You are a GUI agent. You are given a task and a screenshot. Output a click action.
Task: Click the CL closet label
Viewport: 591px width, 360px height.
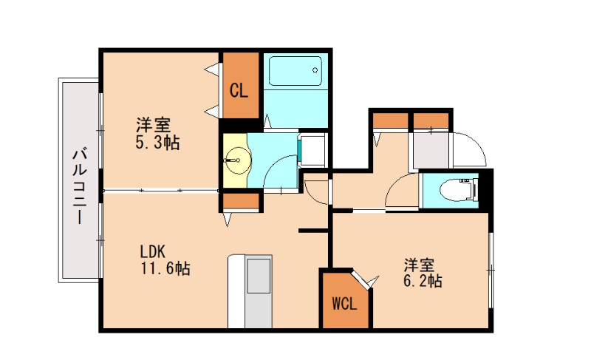coord(239,91)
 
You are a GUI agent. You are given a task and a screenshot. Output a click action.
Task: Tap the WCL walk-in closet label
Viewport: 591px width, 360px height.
coord(344,304)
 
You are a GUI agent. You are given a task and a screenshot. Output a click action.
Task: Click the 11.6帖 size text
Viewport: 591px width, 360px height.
coord(165,270)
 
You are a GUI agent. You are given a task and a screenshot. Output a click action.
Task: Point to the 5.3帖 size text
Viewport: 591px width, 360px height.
coord(157,142)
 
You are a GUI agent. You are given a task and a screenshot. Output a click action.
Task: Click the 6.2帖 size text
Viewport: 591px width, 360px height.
coord(422,281)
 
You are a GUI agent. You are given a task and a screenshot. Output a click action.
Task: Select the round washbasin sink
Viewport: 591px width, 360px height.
coord(237,157)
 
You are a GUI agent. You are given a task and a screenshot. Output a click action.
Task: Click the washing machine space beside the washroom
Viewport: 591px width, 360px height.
coord(315,150)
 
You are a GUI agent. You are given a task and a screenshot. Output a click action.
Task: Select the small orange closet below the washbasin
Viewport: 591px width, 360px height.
coord(240,202)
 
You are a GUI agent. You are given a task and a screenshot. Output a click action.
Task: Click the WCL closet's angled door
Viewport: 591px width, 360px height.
coord(363,280)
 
